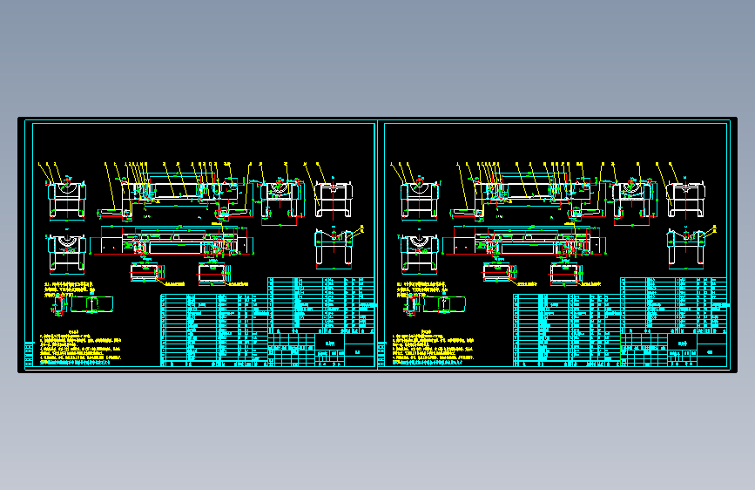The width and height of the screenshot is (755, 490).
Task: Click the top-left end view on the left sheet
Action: pyautogui.click(x=67, y=200)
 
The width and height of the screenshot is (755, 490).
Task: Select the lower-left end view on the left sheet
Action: pyautogui.click(x=67, y=253)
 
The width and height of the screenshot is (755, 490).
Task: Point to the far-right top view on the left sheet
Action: pyautogui.click(x=334, y=200)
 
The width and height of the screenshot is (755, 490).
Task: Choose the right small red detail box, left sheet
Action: pyautogui.click(x=212, y=274)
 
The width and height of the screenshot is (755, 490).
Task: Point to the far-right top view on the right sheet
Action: pyautogui.click(x=686, y=200)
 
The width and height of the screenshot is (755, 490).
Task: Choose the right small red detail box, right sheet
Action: pyautogui.click(x=565, y=274)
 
